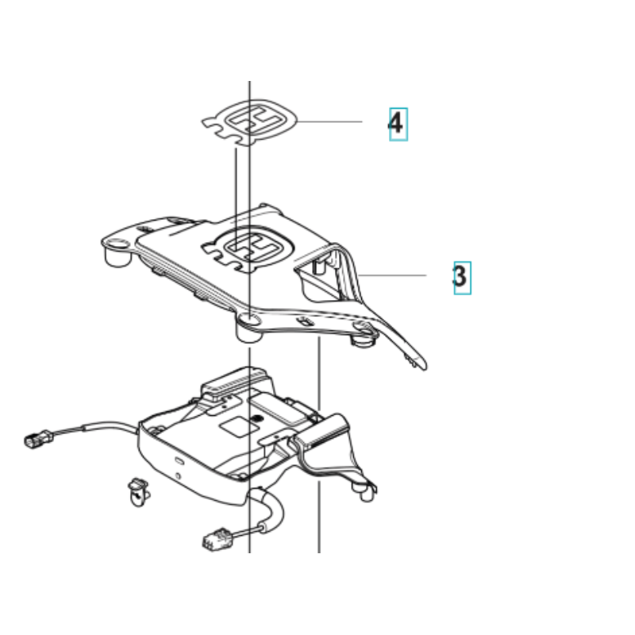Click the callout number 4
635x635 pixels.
pyautogui.click(x=395, y=123)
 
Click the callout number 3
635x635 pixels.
pyautogui.click(x=460, y=276)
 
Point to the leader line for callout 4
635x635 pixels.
pyautogui.click(x=329, y=121)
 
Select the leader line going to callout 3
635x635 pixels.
pyautogui.click(x=392, y=275)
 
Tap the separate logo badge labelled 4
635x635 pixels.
pyautogui.click(x=250, y=121)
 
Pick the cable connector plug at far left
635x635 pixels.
pyautogui.click(x=38, y=439)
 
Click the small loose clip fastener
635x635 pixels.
pyautogui.click(x=138, y=491)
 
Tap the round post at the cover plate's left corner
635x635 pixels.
pyautogui.click(x=117, y=252)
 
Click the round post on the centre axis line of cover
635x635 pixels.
pyautogui.click(x=249, y=327)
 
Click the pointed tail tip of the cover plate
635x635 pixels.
pyautogui.click(x=424, y=367)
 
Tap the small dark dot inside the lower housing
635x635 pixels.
pyautogui.click(x=256, y=418)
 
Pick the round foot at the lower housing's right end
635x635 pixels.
pyautogui.click(x=367, y=493)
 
